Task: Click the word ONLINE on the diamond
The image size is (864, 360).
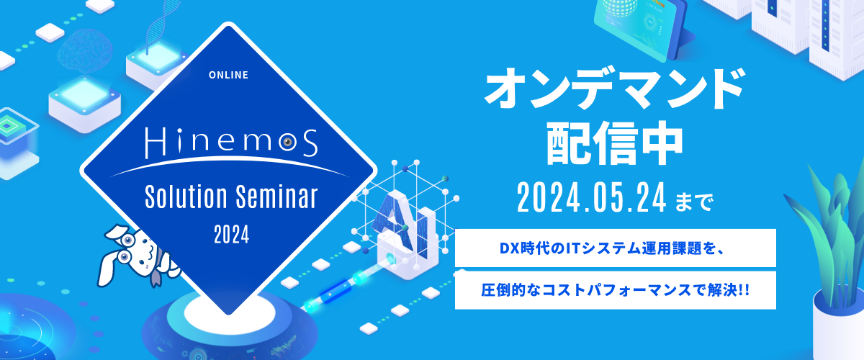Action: (228, 75)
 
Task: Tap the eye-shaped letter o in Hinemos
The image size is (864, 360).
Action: (288, 143)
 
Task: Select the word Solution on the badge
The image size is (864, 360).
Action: (186, 197)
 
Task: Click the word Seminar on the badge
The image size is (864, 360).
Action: (276, 197)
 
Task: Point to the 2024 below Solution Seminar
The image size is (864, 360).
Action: (231, 235)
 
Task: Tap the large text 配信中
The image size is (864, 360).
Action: (615, 143)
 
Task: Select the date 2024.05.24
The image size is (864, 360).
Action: (592, 197)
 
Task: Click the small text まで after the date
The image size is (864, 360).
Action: (695, 202)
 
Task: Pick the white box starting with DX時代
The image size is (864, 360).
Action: (615, 248)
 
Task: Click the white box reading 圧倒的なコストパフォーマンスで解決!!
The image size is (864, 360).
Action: (615, 290)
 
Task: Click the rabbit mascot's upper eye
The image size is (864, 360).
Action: (127, 240)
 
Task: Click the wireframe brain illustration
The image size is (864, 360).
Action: (85, 51)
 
